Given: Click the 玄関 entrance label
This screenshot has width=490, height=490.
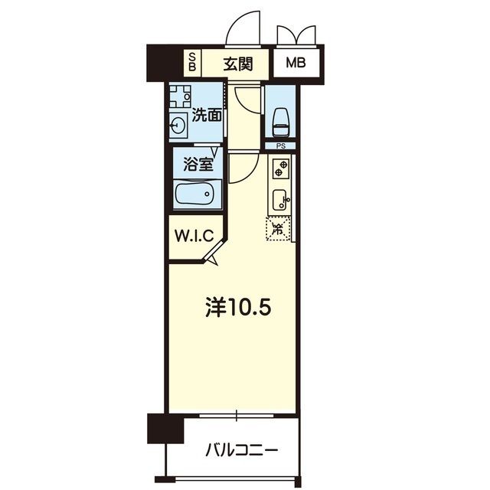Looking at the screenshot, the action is (x=238, y=64).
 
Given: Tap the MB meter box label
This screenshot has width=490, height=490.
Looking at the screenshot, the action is (x=296, y=63).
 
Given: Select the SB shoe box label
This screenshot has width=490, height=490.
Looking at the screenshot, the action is (x=192, y=61).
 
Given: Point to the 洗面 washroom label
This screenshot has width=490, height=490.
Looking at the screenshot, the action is (x=207, y=115).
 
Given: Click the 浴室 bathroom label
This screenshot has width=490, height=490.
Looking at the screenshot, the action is (x=198, y=164).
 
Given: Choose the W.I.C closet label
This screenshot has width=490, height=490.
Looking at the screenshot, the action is (x=194, y=236).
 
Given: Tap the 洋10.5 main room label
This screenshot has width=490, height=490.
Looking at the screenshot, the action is (x=238, y=308).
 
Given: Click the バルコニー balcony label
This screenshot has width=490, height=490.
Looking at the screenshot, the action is (x=242, y=450).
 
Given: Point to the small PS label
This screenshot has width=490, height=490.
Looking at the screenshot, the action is (x=281, y=146).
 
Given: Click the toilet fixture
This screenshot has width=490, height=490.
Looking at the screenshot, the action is (x=281, y=122).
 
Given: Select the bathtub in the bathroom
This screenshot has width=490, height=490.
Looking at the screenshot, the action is (x=198, y=194).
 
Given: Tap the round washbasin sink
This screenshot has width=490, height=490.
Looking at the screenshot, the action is (x=178, y=126).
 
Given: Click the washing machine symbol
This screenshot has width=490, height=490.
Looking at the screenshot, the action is (x=180, y=96).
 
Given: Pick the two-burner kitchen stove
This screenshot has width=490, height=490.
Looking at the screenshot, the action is (x=281, y=168).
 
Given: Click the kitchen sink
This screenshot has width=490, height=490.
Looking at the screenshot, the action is (x=279, y=200).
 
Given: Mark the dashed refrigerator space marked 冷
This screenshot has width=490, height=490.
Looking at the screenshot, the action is (x=277, y=229).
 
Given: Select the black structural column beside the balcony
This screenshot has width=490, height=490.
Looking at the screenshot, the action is (x=165, y=428).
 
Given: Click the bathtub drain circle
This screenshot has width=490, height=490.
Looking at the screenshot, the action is (x=207, y=194).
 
